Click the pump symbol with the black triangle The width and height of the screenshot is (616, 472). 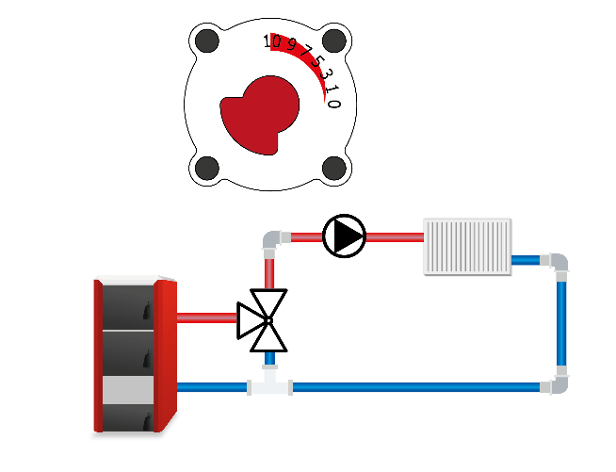coord(344,236)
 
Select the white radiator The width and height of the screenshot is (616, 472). coord(467,247)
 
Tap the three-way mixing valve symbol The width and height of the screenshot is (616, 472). coord(263,320)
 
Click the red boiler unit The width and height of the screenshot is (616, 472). coord(135,354)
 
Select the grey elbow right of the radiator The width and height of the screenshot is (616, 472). coord(556,265)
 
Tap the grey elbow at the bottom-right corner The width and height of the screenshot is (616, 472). coord(556,382)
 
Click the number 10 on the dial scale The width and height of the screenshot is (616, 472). coord(272,41)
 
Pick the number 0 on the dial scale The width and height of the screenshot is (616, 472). coord(333,104)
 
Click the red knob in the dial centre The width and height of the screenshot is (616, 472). coord(260,115)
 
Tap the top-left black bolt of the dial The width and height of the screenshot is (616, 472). coord(207,41)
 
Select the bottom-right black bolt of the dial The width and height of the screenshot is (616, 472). coord(334,168)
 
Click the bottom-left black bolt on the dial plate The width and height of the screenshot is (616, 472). coord(207,168)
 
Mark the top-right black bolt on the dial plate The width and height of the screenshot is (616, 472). coord(334,41)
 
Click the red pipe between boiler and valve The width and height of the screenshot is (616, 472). coord(207,317)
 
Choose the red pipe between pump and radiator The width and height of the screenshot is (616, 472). coord(395,237)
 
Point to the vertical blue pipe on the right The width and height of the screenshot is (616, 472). coord(561,324)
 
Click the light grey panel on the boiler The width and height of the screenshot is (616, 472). coord(128,390)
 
